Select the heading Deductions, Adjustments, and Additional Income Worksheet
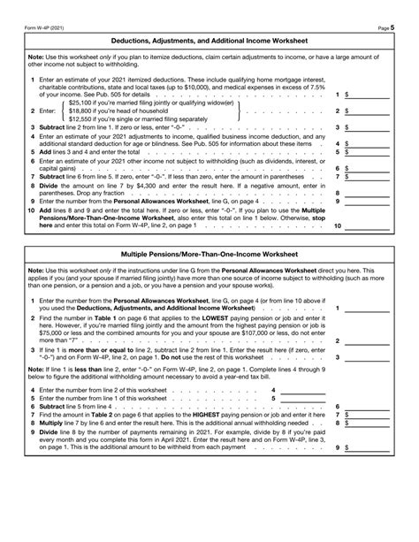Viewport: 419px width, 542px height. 209,41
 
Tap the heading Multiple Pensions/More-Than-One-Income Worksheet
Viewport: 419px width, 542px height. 209,253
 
